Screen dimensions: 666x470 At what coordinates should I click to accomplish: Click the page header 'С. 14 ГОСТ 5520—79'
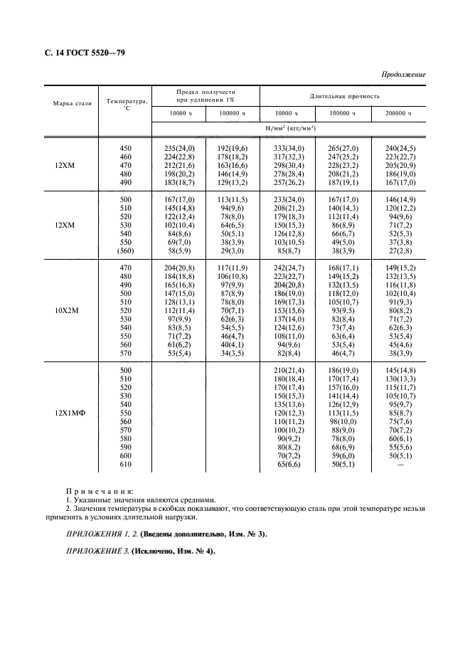point(79,53)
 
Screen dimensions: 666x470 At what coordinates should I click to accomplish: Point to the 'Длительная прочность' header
point(344,95)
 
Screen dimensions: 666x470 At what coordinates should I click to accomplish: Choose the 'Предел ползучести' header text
point(205,92)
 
